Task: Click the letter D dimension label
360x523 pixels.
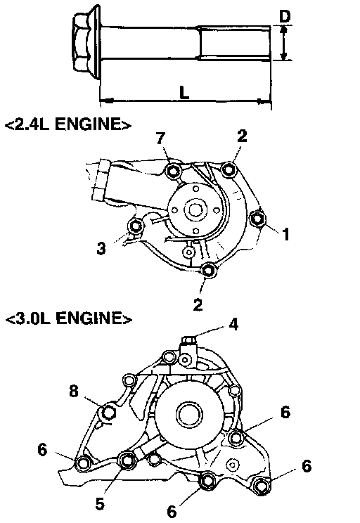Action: pos(285,16)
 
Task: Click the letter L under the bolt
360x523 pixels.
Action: pos(184,92)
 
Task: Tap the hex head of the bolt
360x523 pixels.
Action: pos(82,42)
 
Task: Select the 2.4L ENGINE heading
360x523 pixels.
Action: pos(68,124)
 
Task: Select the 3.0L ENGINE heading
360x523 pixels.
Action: pos(69,318)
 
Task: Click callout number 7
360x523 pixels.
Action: pos(161,138)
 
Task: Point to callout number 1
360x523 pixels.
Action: pos(285,235)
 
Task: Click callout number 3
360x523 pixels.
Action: pos(101,248)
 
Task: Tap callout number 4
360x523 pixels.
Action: pos(233,324)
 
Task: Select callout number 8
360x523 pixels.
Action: pos(74,391)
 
